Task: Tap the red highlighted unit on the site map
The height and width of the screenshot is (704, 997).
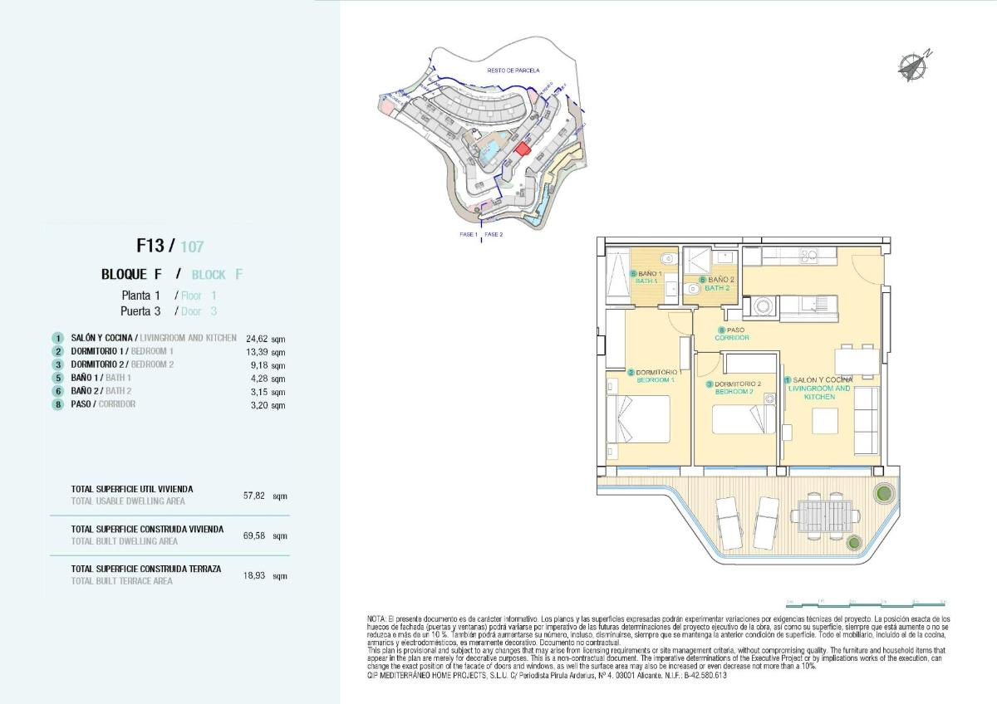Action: (x=522, y=149)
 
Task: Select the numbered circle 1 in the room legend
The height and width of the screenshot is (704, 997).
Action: (x=57, y=339)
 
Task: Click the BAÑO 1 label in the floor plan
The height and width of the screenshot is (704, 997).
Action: (x=646, y=277)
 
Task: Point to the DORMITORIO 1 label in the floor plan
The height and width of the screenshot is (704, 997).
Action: (x=656, y=376)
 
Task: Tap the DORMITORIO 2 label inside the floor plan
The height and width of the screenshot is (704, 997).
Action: (x=734, y=388)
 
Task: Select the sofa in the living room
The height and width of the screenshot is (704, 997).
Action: (x=867, y=420)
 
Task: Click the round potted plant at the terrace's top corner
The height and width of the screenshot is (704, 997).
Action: (x=880, y=495)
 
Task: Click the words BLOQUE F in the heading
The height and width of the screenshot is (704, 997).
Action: (x=131, y=275)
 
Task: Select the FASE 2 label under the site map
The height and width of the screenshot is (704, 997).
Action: (x=494, y=235)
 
